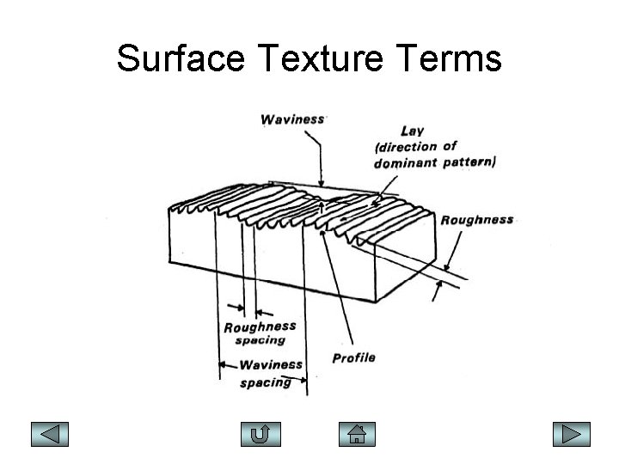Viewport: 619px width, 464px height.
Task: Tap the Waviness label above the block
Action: coord(293,120)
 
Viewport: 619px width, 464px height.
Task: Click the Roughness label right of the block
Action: coord(477,220)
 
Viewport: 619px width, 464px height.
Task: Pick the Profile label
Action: coord(354,357)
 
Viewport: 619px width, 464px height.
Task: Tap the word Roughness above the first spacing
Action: coord(260,327)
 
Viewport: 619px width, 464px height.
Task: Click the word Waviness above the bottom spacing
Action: coord(271,366)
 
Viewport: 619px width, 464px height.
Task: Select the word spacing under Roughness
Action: coord(260,340)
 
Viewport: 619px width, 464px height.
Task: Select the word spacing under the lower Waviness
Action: coord(265,382)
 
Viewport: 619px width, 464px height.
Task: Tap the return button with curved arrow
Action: coord(262,434)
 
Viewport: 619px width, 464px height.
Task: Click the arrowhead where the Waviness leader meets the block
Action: coord(322,183)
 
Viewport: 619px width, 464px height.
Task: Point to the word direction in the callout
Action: coord(404,146)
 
